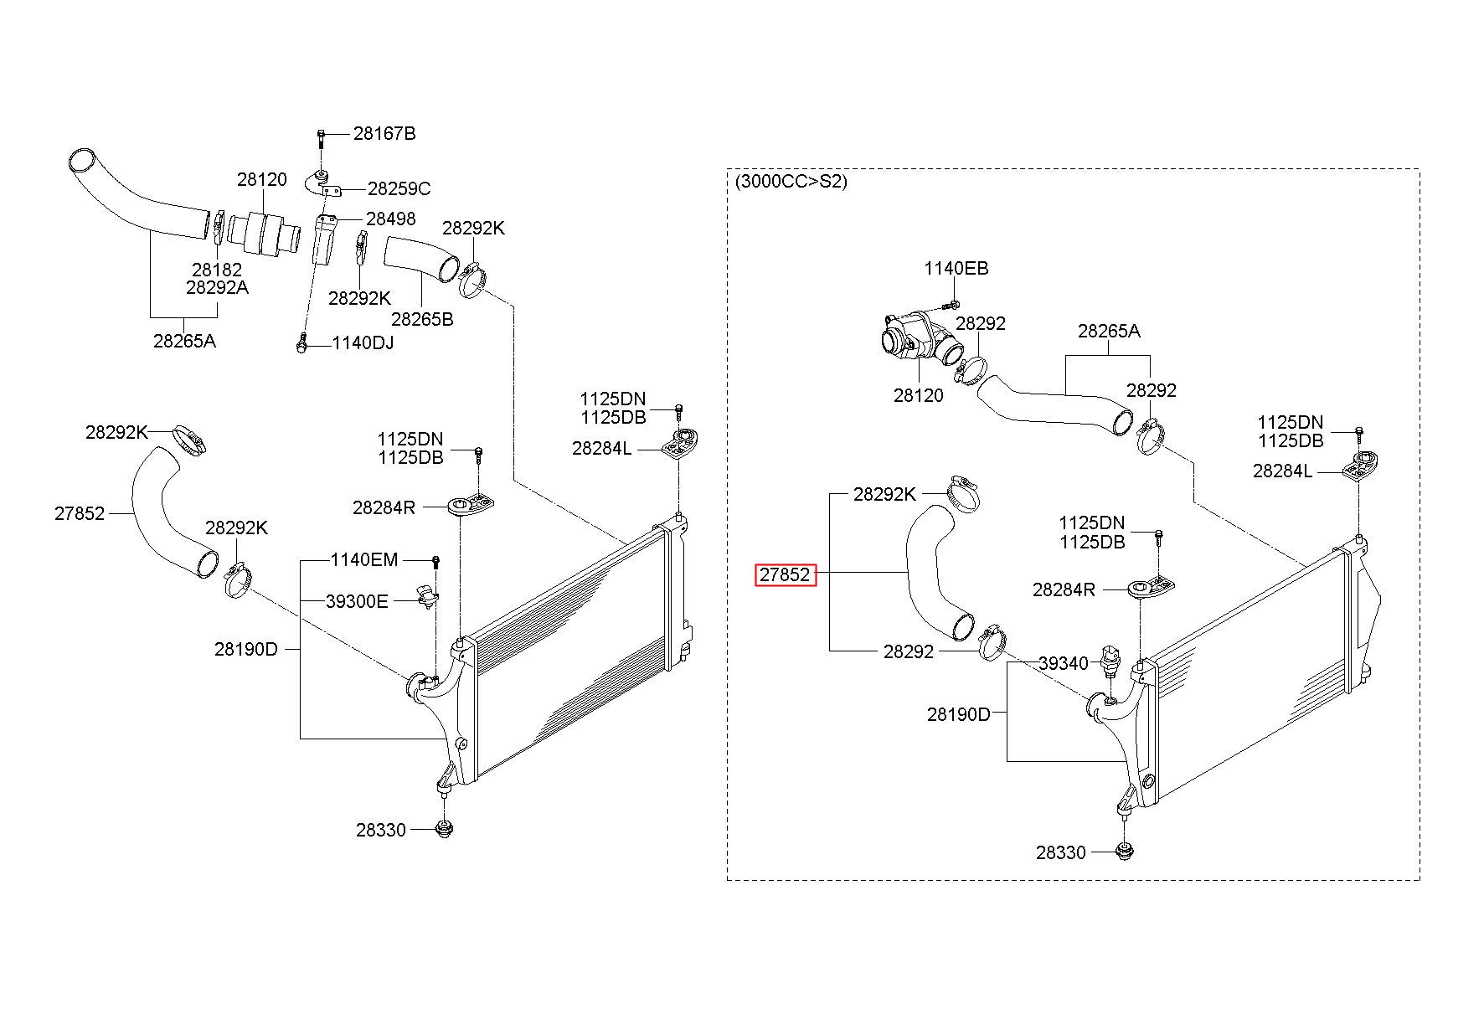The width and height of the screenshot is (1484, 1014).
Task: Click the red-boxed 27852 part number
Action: tap(786, 574)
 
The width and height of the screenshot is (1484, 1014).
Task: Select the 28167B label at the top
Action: tap(384, 133)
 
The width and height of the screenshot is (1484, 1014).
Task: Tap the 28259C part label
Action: tap(399, 188)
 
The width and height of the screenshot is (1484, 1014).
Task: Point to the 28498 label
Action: tap(391, 219)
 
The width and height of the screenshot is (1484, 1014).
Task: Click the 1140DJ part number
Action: tap(363, 342)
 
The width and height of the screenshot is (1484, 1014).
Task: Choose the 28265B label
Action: tap(422, 319)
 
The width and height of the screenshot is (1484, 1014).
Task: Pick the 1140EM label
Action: tap(364, 559)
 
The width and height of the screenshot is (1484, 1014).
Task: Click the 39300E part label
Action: tap(357, 600)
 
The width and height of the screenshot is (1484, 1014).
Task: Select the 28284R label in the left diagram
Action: tap(384, 507)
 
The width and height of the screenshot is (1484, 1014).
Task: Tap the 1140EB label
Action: tap(956, 269)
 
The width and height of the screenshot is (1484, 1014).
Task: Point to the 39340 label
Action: tap(1064, 663)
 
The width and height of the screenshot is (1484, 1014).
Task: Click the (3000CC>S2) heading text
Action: tap(791, 181)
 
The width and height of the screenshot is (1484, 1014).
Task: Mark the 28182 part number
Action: tap(216, 270)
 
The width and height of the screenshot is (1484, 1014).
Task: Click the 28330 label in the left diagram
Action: tap(380, 830)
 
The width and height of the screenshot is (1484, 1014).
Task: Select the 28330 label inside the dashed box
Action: tap(1060, 852)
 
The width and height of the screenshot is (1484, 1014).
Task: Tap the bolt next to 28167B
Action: tap(320, 136)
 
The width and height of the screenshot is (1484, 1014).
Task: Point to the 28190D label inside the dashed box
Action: tap(959, 714)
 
